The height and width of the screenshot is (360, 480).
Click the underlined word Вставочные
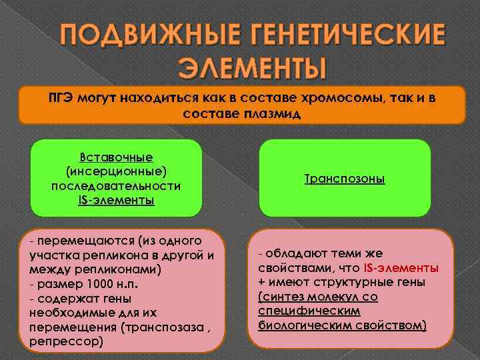tap(117, 157)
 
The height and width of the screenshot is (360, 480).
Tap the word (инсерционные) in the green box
tap(117, 171)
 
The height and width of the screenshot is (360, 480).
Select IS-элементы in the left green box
tap(117, 199)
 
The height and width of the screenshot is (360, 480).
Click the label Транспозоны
tap(345, 179)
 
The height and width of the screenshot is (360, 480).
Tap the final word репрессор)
tap(67, 341)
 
